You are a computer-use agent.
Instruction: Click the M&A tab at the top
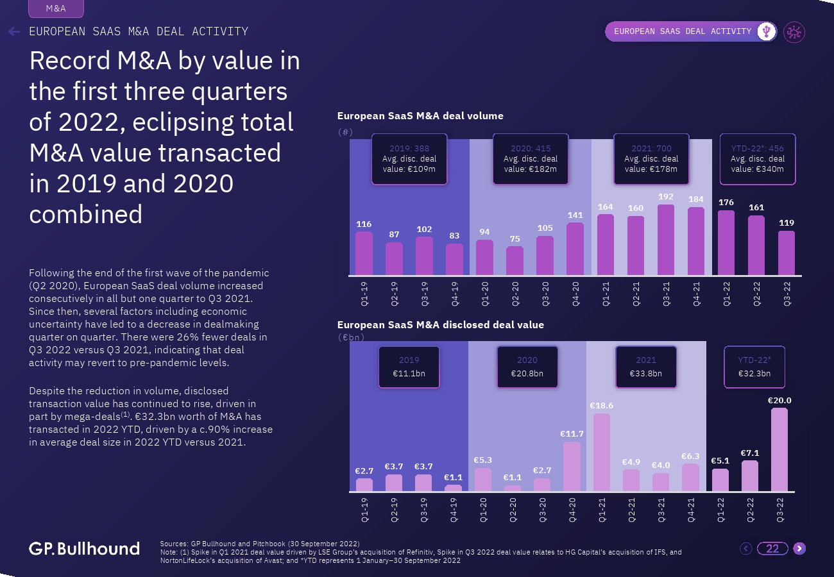tap(56, 9)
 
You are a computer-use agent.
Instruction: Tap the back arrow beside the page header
tap(14, 31)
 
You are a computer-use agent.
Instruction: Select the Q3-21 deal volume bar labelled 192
tap(666, 240)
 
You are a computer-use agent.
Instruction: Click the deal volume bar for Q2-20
tap(515, 261)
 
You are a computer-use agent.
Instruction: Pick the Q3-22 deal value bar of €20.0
tap(779, 450)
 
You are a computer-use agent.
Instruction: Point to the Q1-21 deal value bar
tap(602, 453)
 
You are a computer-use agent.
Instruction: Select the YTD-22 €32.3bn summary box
tap(754, 367)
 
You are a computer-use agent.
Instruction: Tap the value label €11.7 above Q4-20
tap(572, 434)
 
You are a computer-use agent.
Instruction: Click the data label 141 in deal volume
tap(575, 216)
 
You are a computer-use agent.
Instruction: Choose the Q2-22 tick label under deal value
tap(750, 510)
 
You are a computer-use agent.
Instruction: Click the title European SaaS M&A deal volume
tap(420, 116)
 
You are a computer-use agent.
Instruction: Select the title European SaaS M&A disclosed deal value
tap(441, 325)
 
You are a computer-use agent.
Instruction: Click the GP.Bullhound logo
tap(84, 548)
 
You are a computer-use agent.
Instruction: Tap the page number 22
tap(772, 548)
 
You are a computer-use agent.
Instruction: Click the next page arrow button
tap(799, 548)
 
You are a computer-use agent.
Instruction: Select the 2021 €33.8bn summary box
tap(646, 367)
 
